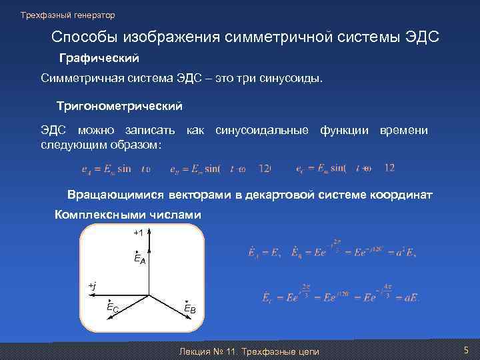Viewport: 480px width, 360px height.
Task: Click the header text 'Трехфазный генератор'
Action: (x=67, y=15)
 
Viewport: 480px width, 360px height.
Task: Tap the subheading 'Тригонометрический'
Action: (x=119, y=106)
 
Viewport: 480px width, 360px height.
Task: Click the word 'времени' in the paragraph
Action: (x=403, y=130)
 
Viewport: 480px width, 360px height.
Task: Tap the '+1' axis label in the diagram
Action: (x=139, y=233)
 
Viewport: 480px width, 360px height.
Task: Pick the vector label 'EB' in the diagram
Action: (x=190, y=308)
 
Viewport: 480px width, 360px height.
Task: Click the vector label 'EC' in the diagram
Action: (x=113, y=307)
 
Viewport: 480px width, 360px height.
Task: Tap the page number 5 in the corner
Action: (x=466, y=351)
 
